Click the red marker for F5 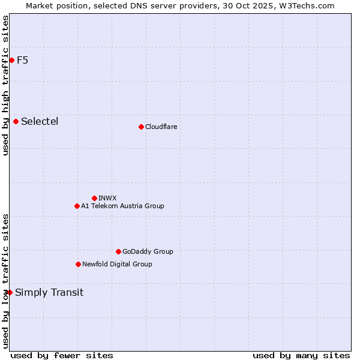coord(11,60)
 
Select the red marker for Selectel coord(16,122)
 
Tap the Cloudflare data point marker coord(141,127)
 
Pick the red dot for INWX coord(94,198)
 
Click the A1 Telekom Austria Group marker coord(77,206)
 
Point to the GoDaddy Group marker coord(118,251)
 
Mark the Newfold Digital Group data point coord(78,264)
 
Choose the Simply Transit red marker coord(10,292)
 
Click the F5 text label coord(23,60)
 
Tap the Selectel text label coord(40,122)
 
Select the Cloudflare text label coord(161,127)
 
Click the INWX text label coord(108,198)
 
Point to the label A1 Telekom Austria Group coord(122,206)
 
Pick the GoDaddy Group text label coord(148,251)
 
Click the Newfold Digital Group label coord(117,264)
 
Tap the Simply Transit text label coord(49,293)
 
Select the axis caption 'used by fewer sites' coord(62,355)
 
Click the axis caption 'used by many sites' coord(301,355)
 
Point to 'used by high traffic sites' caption coord(5,85)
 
